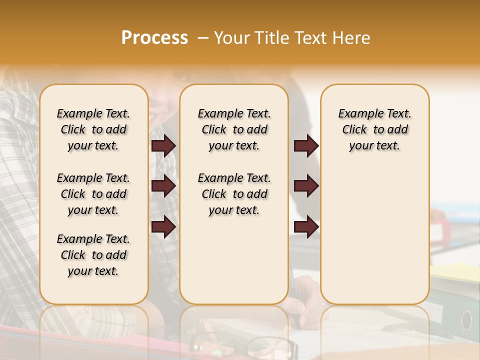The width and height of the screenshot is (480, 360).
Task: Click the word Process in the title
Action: pyautogui.click(x=154, y=38)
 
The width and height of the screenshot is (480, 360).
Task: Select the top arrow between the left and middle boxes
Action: pyautogui.click(x=163, y=145)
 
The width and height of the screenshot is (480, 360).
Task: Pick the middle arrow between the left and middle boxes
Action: pyautogui.click(x=163, y=186)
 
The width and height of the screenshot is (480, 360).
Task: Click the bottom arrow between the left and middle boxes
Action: pyautogui.click(x=163, y=227)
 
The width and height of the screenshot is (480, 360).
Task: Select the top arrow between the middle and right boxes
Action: pyautogui.click(x=306, y=145)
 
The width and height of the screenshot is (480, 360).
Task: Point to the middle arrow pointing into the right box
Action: pyautogui.click(x=306, y=186)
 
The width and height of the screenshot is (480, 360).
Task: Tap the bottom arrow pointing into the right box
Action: pyautogui.click(x=306, y=227)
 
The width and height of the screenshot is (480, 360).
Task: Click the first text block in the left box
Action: pyautogui.click(x=93, y=129)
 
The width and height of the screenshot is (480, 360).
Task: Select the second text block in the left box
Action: pyautogui.click(x=93, y=194)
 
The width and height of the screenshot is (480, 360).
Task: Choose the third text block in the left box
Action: pyautogui.click(x=93, y=255)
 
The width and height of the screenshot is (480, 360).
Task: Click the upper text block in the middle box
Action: pyautogui.click(x=234, y=129)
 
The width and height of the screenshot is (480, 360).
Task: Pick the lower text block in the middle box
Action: pyautogui.click(x=234, y=194)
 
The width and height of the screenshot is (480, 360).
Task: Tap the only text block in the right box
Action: pyautogui.click(x=374, y=129)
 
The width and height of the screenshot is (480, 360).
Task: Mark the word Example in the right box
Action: pyautogui.click(x=357, y=113)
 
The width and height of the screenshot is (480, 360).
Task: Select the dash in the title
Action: pyautogui.click(x=202, y=38)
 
